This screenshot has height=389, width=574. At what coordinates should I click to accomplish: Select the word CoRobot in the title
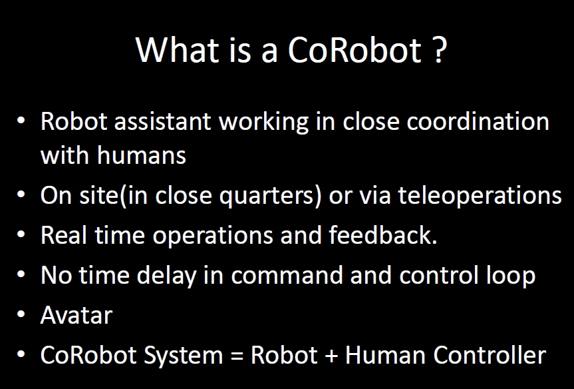(x=355, y=50)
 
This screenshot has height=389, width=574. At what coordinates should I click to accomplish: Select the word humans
(x=141, y=155)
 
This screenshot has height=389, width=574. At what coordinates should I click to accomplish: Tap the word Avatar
(x=76, y=315)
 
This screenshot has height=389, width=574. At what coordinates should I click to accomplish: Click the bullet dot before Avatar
(x=23, y=315)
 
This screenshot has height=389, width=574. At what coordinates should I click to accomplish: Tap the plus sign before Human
(x=331, y=356)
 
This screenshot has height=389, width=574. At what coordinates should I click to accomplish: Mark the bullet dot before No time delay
(x=23, y=275)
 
